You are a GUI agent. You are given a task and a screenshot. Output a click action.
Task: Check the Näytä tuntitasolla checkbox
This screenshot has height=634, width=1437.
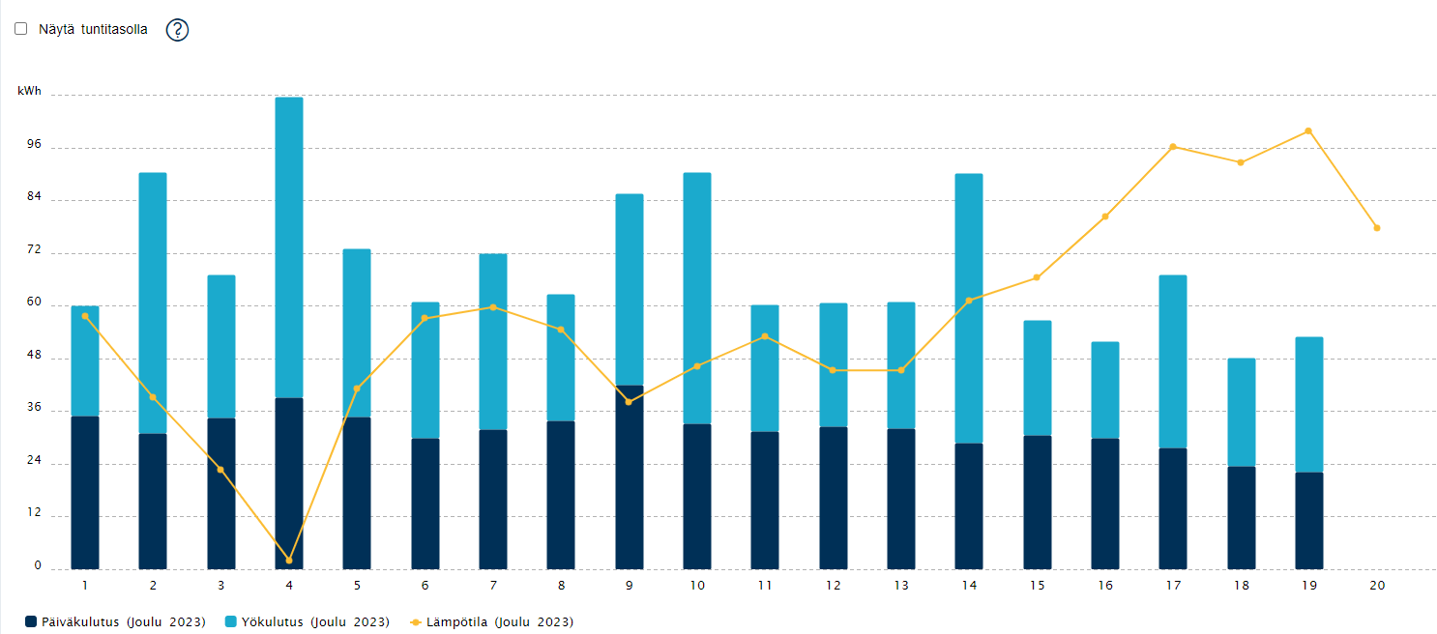(x=21, y=29)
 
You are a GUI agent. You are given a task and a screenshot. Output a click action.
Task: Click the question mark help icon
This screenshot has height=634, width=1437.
(x=177, y=30)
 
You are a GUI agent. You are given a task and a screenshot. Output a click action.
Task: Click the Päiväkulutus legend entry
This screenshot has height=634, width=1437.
(x=115, y=621)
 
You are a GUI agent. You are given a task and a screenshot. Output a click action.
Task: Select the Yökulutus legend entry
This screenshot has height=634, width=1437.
(x=308, y=621)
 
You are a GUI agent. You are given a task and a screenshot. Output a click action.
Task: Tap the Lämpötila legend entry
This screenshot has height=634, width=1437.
(x=491, y=621)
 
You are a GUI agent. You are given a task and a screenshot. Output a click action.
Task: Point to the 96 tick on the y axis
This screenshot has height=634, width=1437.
(x=34, y=144)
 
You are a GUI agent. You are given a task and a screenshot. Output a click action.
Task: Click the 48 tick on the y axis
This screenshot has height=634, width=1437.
(x=34, y=355)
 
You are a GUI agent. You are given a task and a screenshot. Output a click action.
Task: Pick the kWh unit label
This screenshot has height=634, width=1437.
(x=30, y=91)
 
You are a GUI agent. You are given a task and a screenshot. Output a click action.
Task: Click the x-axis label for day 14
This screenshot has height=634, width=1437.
(x=969, y=586)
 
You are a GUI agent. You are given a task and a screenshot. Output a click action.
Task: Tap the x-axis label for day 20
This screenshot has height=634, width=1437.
(x=1377, y=586)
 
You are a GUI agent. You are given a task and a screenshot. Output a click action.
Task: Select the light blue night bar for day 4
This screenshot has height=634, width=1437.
(x=289, y=247)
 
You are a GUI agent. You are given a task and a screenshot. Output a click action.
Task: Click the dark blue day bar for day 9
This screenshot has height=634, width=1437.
(x=630, y=477)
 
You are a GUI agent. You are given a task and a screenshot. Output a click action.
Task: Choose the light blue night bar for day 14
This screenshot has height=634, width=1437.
(x=969, y=308)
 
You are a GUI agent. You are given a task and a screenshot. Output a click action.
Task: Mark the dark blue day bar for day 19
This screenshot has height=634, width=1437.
(x=1308, y=521)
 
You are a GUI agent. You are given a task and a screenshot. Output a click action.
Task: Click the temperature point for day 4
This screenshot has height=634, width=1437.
(x=289, y=561)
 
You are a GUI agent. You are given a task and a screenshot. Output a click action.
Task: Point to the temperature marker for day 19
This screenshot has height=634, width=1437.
(x=1308, y=131)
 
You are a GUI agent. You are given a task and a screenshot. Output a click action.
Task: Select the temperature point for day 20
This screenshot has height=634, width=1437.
(x=1377, y=228)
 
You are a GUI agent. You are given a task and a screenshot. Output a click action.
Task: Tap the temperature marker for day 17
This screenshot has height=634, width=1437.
(x=1173, y=147)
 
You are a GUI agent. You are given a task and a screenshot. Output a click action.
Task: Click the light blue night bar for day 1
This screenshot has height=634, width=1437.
(x=85, y=361)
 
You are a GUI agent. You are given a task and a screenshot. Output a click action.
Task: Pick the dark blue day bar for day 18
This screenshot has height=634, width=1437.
(x=1242, y=518)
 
